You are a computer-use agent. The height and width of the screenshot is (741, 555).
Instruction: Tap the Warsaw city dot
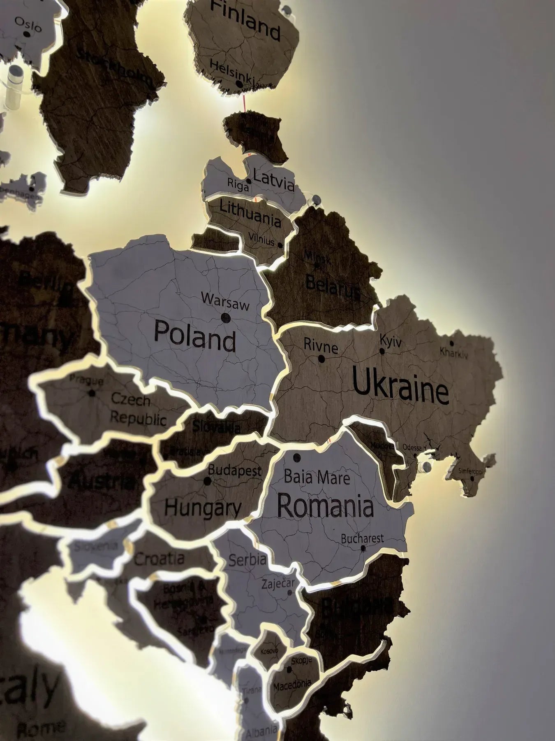[x=225, y=317]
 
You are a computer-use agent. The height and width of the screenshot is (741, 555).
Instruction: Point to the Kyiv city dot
[x=382, y=351]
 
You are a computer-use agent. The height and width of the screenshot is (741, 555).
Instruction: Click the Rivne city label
[x=321, y=347]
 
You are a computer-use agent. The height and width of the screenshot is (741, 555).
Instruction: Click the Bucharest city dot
[x=363, y=548]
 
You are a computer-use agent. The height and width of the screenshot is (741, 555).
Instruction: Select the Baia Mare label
[x=317, y=478]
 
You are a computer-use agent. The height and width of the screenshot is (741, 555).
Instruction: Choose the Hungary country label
[x=203, y=508]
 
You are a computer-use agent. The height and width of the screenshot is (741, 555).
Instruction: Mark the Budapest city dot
[x=208, y=481]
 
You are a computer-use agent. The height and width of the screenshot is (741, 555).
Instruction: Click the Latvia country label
[x=274, y=181]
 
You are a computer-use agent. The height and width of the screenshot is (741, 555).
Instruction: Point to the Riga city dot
[x=249, y=181]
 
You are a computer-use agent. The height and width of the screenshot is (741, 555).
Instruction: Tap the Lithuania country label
[x=250, y=213]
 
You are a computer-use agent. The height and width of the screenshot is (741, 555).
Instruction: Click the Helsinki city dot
[x=239, y=84]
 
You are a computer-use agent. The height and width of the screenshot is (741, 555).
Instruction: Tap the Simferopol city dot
[x=472, y=478]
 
